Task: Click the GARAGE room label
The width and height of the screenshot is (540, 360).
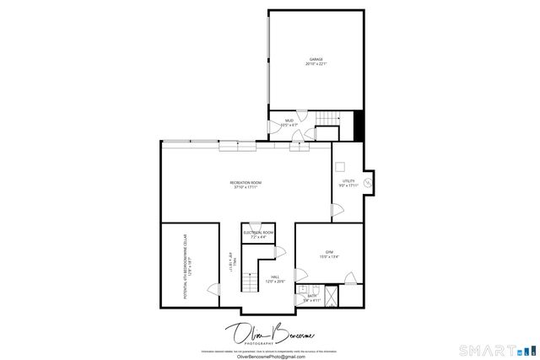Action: tap(316, 59)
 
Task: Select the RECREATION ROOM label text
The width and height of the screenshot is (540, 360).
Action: tap(246, 182)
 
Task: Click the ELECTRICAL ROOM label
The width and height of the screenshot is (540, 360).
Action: tap(258, 232)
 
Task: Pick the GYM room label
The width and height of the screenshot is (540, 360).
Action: tap(330, 252)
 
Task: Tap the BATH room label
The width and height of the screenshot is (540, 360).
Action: tap(310, 295)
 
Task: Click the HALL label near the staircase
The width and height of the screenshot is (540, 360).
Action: tap(275, 277)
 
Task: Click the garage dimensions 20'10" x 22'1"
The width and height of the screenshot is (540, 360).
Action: tap(316, 64)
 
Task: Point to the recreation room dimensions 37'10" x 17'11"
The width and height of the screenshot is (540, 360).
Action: tap(246, 187)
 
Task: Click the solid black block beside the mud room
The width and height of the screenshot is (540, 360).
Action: tap(359, 126)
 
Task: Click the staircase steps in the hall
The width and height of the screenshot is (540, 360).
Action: tap(248, 282)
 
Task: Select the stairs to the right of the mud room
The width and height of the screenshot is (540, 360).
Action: tap(326, 131)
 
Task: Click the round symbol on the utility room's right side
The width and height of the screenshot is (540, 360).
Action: tap(369, 180)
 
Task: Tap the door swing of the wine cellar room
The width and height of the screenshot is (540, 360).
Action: tap(213, 289)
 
